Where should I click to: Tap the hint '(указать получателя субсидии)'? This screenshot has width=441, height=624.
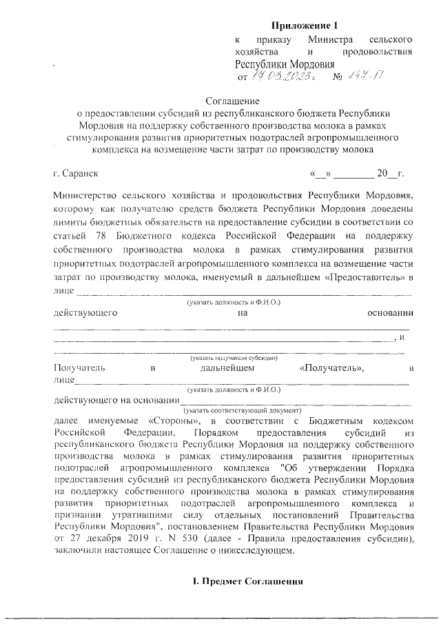click(234, 358)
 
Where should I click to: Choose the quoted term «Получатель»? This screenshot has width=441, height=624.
click(331, 368)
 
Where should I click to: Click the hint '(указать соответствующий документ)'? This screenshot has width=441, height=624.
click(234, 410)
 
